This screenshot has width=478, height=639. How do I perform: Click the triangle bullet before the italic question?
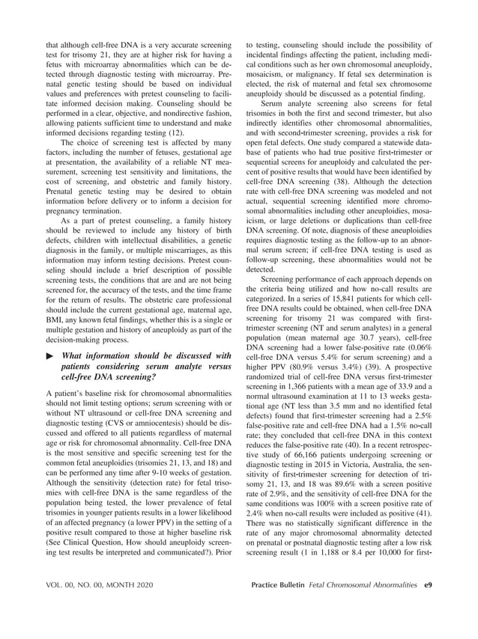click(x=50, y=356)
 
